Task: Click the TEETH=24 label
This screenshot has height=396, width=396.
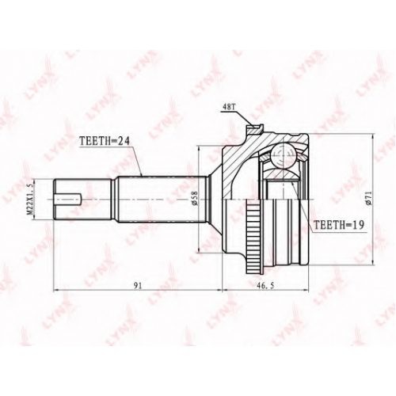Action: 105,141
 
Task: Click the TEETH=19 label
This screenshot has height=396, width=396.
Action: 339,225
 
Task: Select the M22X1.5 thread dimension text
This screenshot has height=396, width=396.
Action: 31,200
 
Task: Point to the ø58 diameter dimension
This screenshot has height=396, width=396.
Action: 194,200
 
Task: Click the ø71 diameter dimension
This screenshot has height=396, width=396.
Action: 369,198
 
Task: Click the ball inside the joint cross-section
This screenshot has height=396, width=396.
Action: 282,156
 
